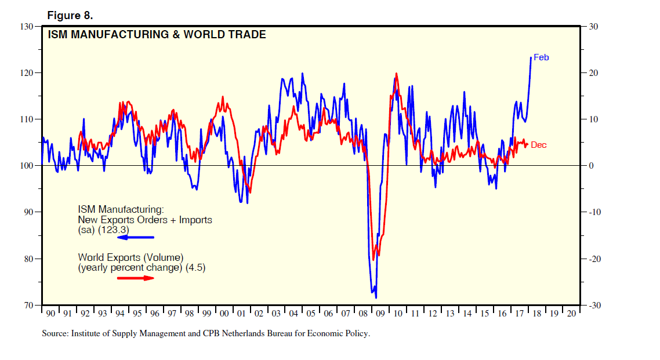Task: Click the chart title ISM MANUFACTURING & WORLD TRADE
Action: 157,35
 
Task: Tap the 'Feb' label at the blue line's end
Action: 541,57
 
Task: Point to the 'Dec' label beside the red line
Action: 538,145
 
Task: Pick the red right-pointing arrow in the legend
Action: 136,278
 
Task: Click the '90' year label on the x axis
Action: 51,314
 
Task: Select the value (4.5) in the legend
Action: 195,268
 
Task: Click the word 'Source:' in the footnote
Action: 56,334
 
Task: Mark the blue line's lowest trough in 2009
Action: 376,298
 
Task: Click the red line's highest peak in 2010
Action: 397,74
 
